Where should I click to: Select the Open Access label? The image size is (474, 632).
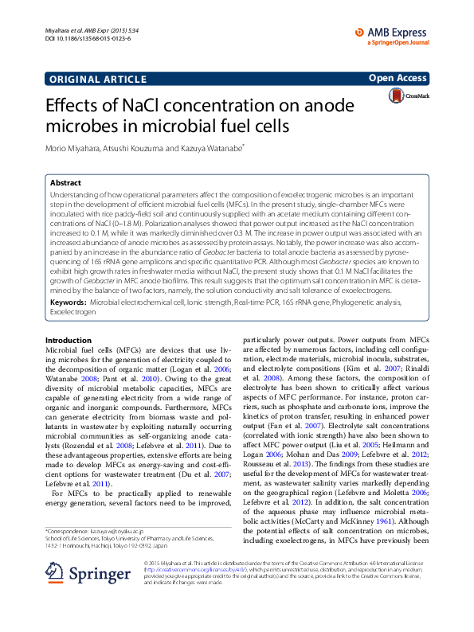(398, 78)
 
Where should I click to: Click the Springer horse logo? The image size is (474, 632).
(58, 595)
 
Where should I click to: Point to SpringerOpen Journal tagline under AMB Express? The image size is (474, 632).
(399, 42)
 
